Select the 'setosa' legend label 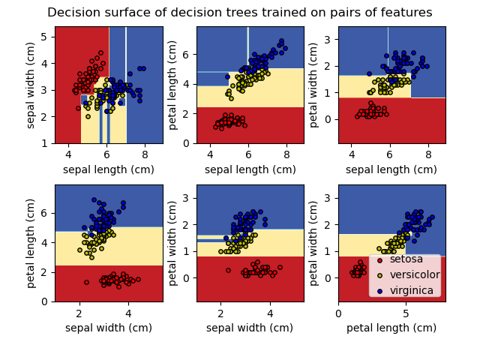coord(406,259)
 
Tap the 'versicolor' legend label coord(415,274)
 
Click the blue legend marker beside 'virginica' coord(381,290)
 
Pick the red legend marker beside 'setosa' coord(381,259)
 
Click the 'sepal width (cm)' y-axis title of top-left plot coord(31,85)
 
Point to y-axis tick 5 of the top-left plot coord(45,37)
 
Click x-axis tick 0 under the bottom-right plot coord(338,313)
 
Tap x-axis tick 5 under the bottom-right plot coord(406,313)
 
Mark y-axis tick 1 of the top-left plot coord(45,143)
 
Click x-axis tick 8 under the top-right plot coord(428,154)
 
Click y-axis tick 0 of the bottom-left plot coord(45,301)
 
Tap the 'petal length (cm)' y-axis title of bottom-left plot coord(31,243)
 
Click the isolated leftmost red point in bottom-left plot coord(86,282)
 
